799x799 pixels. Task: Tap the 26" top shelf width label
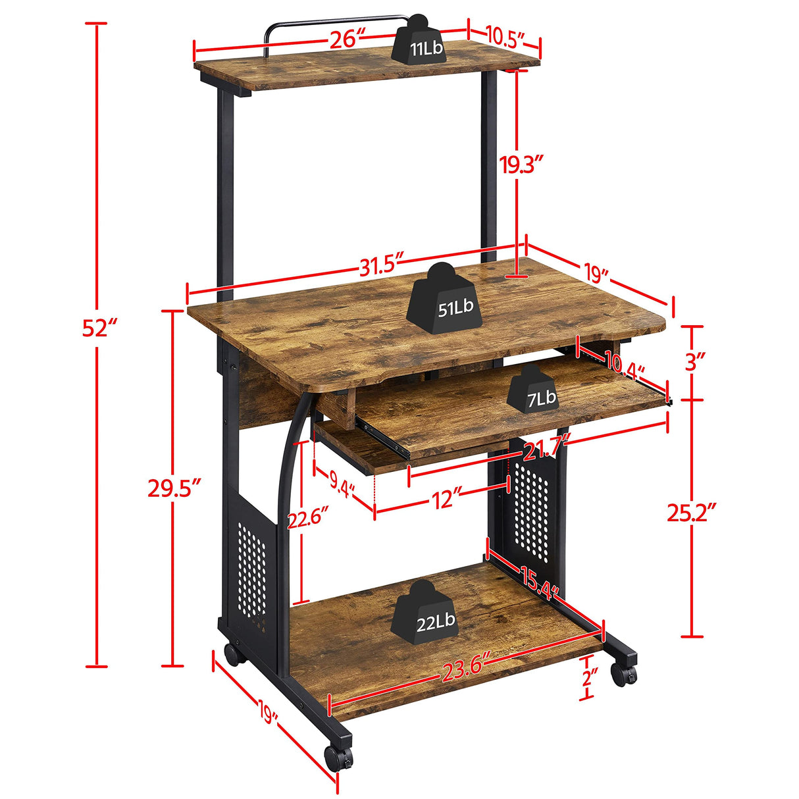(x=346, y=39)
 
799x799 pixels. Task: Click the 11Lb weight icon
(x=421, y=45)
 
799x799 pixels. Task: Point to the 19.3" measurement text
(x=522, y=165)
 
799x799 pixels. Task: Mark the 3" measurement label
(x=694, y=361)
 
